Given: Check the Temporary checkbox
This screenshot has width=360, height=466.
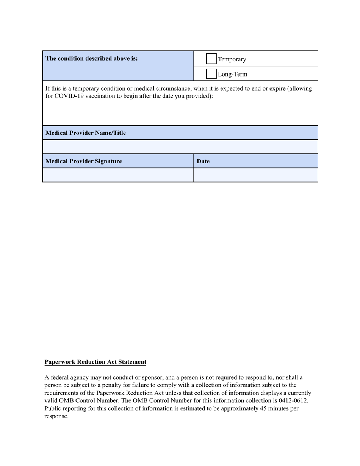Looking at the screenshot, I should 211,59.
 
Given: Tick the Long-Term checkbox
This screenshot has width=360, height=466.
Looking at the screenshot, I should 211,74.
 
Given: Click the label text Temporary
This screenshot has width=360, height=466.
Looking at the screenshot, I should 232,59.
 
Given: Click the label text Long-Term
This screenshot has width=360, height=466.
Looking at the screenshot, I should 232,74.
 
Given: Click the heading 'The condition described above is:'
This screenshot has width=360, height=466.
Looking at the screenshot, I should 92,58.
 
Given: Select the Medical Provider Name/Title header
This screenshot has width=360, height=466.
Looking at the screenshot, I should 86,133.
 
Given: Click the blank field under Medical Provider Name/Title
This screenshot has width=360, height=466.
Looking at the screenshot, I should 180,147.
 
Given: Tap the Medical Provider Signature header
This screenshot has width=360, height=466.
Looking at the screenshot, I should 84,161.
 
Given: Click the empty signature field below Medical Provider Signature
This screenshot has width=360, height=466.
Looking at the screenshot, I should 118,175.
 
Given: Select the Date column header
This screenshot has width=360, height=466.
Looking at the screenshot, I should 203,161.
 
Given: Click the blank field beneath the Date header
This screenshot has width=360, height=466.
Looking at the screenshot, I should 255,175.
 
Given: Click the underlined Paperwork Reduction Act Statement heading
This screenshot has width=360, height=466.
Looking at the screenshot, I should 95,362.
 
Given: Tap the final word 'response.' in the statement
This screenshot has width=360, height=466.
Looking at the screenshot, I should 56,416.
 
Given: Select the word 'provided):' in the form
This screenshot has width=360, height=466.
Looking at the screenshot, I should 199,96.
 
